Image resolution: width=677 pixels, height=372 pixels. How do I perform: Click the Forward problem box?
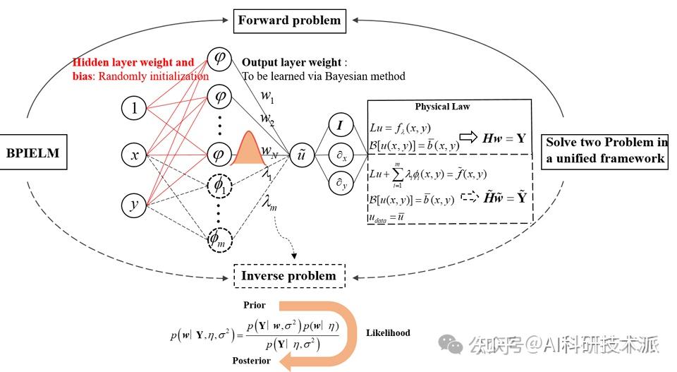[289, 20]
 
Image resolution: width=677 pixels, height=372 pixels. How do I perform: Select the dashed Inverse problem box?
[289, 275]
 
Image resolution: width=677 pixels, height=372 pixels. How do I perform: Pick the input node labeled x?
[134, 155]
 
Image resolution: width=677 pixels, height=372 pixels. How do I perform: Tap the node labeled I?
[341, 126]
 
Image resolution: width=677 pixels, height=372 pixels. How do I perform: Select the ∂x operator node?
[341, 155]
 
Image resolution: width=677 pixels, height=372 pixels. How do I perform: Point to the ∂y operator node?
[341, 184]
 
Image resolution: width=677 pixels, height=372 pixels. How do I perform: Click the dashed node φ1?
[219, 186]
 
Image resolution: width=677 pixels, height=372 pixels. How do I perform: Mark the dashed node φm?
[219, 239]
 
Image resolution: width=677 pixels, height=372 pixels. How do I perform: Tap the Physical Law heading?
[442, 107]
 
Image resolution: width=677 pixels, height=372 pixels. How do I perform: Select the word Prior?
[255, 305]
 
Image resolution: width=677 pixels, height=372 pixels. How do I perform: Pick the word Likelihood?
[388, 332]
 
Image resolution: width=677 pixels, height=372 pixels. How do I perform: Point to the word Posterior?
[251, 361]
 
